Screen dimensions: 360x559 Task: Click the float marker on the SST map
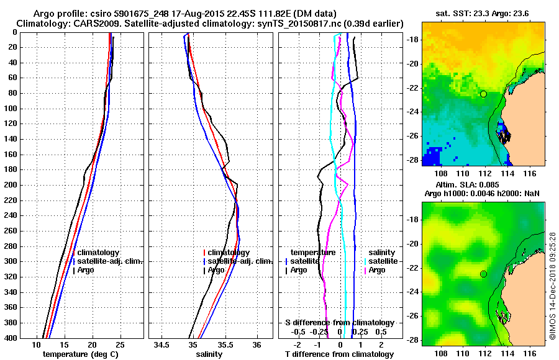click(x=483, y=94)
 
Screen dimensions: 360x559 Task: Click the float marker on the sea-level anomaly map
click(x=483, y=274)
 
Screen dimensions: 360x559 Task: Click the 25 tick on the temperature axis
click(x=120, y=344)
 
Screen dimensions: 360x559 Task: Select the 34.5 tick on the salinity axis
click(x=162, y=344)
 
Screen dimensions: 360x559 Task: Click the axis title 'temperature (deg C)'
click(x=80, y=354)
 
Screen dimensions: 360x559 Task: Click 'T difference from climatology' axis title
click(x=339, y=354)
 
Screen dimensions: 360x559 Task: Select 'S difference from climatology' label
click(x=339, y=323)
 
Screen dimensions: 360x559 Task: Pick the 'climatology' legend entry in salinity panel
click(x=229, y=253)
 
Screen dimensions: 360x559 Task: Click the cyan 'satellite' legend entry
click(x=380, y=261)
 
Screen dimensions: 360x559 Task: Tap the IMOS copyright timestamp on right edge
click(x=552, y=285)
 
